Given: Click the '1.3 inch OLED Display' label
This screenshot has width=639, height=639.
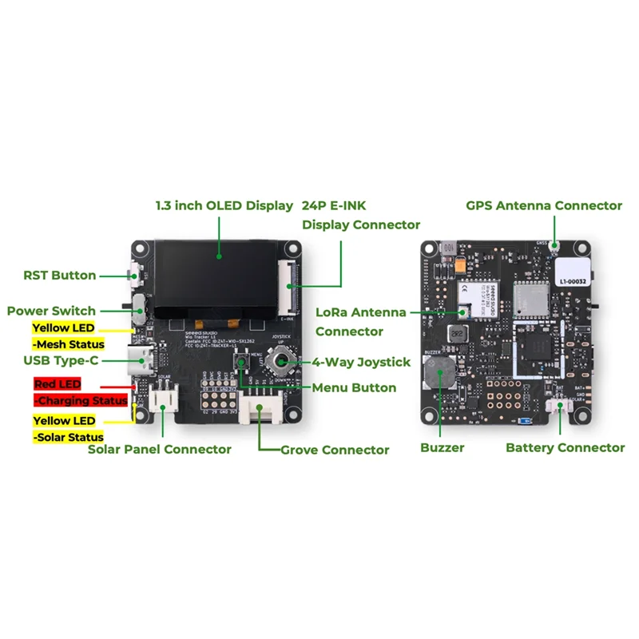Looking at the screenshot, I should pyautogui.click(x=224, y=205).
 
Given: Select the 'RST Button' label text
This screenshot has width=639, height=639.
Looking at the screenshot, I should pyautogui.click(x=60, y=276).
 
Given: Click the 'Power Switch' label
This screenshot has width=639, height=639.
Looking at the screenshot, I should pyautogui.click(x=51, y=311).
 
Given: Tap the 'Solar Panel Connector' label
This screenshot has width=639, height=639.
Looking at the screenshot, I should pyautogui.click(x=159, y=449).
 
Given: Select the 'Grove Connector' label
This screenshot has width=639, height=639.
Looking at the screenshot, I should pyautogui.click(x=335, y=450).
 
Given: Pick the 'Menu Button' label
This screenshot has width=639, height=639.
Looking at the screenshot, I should pyautogui.click(x=355, y=387).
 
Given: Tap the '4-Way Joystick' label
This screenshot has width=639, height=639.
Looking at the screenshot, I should pyautogui.click(x=360, y=362).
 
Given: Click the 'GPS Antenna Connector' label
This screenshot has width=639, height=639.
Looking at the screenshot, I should pyautogui.click(x=543, y=205).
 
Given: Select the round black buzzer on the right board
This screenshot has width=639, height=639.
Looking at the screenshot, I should pyautogui.click(x=435, y=373).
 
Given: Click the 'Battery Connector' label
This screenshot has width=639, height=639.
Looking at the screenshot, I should pyautogui.click(x=565, y=447).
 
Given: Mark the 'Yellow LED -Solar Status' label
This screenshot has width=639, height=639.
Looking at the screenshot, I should pyautogui.click(x=68, y=429).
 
